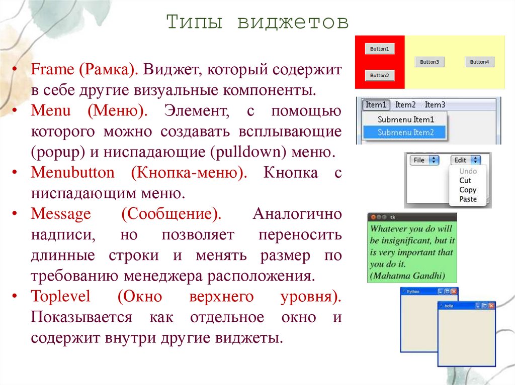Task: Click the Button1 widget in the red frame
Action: coord(379,49)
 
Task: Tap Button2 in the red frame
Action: coord(379,75)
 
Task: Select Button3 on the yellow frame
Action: coord(430,62)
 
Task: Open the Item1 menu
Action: coord(376,105)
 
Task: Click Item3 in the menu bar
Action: coord(435,105)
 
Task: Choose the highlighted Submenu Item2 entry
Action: coord(405,133)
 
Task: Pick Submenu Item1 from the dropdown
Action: coord(405,119)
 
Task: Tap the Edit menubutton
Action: coord(466,161)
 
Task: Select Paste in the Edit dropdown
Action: coord(468,199)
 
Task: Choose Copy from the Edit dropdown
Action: coord(468,190)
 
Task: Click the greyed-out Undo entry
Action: coord(468,171)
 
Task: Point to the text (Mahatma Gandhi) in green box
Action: coord(407,275)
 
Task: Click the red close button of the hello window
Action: coord(492,305)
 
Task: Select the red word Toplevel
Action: coord(61,296)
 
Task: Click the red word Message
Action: coord(61,214)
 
